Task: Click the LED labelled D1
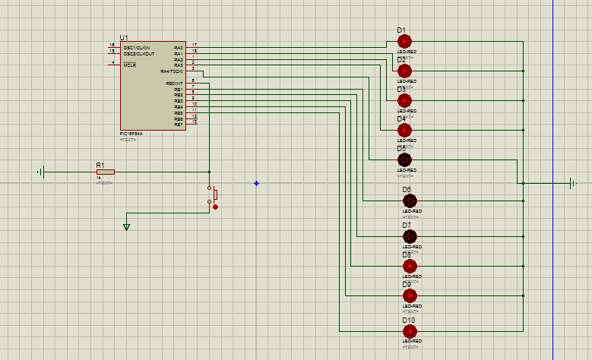click(x=404, y=41)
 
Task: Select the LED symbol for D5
click(x=404, y=159)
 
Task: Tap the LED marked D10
click(x=410, y=331)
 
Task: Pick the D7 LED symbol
click(x=410, y=236)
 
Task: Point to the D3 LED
click(x=404, y=100)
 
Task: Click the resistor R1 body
click(x=105, y=172)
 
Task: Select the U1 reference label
click(x=124, y=37)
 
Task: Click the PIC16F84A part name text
click(x=131, y=133)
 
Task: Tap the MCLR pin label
click(x=130, y=65)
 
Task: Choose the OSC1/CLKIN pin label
click(x=138, y=47)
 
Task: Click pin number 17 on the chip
click(x=195, y=45)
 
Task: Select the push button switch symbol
click(x=211, y=194)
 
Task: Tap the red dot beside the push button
click(x=215, y=207)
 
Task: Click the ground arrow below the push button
click(x=126, y=226)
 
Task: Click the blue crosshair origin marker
click(x=256, y=183)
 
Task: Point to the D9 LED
click(x=410, y=295)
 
